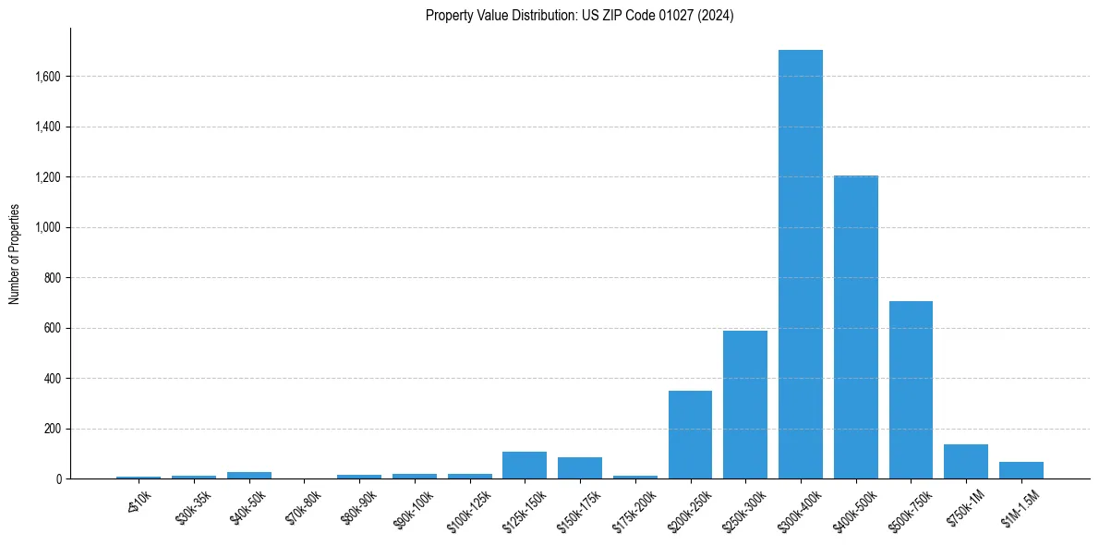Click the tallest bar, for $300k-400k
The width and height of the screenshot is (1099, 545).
pyautogui.click(x=800, y=264)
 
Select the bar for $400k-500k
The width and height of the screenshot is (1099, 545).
pyautogui.click(x=855, y=327)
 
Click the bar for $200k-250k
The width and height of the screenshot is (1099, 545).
pyautogui.click(x=690, y=435)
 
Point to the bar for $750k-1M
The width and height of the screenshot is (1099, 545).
pyautogui.click(x=965, y=462)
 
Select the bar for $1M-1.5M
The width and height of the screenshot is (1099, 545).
pyautogui.click(x=1020, y=470)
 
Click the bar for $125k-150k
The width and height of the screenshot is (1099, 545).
pyautogui.click(x=525, y=466)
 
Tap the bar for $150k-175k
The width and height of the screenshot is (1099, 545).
pyautogui.click(x=579, y=468)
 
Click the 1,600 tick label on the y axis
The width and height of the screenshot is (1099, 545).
pyautogui.click(x=47, y=77)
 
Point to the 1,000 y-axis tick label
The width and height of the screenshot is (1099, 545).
pyautogui.click(x=47, y=227)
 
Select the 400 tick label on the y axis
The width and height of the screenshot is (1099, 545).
pyautogui.click(x=53, y=379)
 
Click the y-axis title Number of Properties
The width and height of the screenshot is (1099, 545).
pyautogui.click(x=14, y=254)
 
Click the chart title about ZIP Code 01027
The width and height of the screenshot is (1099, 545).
pyautogui.click(x=579, y=15)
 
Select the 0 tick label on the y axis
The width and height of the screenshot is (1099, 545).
pyautogui.click(x=59, y=479)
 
